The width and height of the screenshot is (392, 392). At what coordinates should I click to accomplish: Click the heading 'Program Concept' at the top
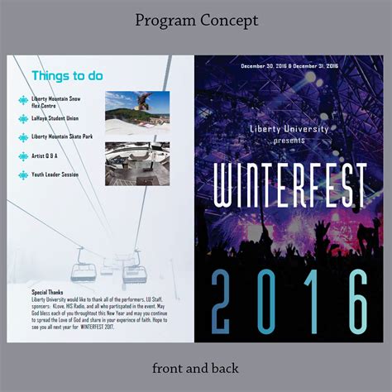(196, 20)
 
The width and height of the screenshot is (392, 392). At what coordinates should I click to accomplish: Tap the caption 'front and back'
(196, 366)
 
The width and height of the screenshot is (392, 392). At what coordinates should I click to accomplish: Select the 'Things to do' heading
(67, 76)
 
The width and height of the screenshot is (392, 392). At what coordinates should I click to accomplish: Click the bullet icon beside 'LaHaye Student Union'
(23, 120)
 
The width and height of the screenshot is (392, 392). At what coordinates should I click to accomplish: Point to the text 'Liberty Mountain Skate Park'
(62, 137)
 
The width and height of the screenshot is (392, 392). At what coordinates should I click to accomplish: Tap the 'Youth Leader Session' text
(55, 174)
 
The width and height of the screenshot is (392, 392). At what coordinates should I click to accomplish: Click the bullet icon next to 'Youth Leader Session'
(23, 174)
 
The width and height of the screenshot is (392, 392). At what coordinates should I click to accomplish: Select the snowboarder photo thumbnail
(136, 112)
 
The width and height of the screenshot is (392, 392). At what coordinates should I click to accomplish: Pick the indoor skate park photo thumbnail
(136, 163)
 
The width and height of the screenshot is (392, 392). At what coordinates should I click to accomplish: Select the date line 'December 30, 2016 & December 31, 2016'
(289, 65)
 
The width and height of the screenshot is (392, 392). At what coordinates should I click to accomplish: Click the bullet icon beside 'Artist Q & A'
(23, 155)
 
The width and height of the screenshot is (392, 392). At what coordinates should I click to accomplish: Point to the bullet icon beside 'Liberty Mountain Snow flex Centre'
(23, 102)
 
